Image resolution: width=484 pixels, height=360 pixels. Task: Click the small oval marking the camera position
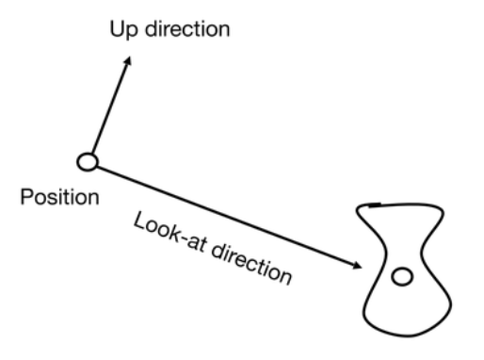click(x=88, y=162)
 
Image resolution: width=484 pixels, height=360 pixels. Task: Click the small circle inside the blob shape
click(x=402, y=276)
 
